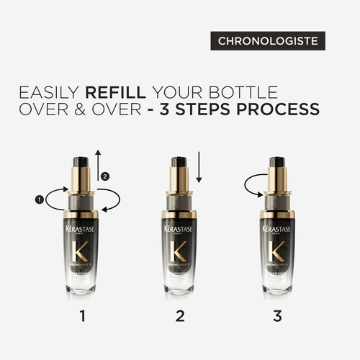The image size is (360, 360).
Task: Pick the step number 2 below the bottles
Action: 179,315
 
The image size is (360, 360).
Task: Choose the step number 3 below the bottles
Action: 277,315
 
